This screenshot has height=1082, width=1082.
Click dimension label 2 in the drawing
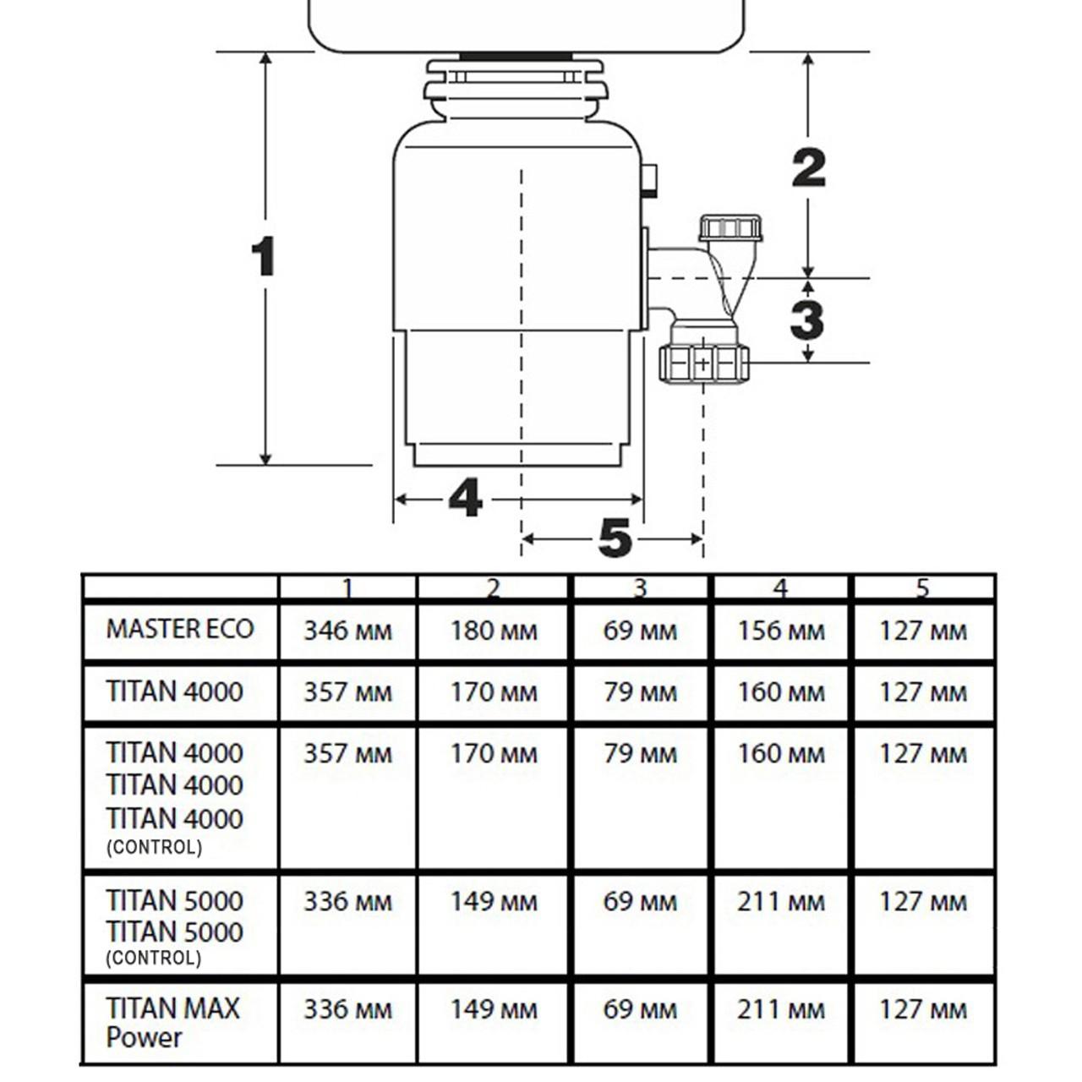pos(808,168)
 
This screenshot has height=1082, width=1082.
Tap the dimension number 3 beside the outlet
pos(807,320)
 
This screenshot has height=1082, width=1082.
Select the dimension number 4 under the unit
pos(465,498)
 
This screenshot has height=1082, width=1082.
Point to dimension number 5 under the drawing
pos(615,538)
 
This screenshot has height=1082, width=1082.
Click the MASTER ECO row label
pos(179,629)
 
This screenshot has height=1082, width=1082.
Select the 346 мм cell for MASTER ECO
pos(347,631)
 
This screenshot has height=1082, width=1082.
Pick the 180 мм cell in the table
pos(494,631)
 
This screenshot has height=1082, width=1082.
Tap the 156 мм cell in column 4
pos(780,631)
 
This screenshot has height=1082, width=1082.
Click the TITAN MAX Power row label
pos(172,1022)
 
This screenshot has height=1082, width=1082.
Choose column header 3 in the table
pos(640,588)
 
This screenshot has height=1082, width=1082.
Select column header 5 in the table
pos(922,588)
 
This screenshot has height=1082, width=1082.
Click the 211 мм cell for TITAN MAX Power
pos(780,1009)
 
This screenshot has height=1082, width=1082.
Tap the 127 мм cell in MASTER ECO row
pos(922,631)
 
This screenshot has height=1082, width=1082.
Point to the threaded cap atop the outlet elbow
pos(730,228)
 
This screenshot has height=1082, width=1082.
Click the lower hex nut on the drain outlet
pos(704,363)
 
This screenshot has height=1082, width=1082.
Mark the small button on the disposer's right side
pos(649,180)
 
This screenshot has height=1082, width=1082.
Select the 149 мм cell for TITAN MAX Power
pos(494,1009)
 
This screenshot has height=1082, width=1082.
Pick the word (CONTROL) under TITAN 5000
pos(154,958)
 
